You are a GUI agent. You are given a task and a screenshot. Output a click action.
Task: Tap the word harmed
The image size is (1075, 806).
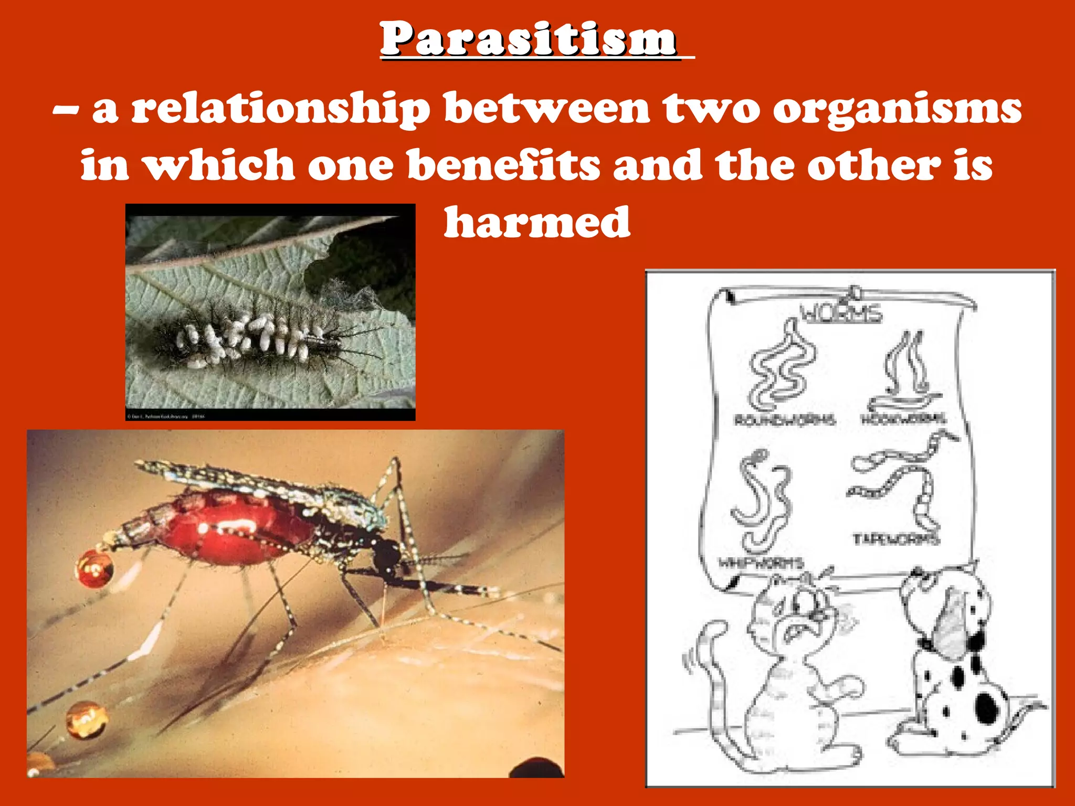click(536, 222)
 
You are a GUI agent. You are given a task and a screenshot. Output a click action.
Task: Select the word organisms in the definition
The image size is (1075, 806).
click(897, 109)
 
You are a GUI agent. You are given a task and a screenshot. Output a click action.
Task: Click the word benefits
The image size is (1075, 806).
click(503, 165)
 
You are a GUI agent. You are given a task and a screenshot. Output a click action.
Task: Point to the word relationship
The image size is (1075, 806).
click(280, 109)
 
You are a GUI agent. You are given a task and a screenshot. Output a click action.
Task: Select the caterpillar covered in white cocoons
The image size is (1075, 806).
click(252, 336)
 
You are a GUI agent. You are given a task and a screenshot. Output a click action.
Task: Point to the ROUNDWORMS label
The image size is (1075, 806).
click(784, 420)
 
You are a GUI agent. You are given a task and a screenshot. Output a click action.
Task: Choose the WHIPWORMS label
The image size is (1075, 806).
click(761, 563)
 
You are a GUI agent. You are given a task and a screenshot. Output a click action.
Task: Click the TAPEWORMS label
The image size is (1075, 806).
click(895, 539)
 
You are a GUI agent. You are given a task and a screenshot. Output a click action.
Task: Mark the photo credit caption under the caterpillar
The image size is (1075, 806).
click(166, 417)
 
